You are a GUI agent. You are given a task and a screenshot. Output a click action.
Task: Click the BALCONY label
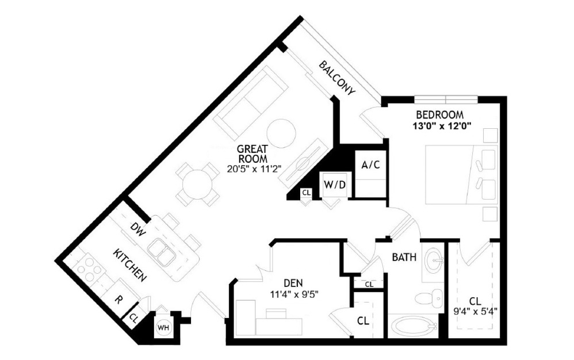[337, 78]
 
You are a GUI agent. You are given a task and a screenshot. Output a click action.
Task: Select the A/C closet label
[371, 165]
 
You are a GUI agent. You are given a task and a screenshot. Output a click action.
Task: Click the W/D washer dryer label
[335, 185]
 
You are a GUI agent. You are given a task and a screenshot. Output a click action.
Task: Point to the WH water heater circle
[163, 327]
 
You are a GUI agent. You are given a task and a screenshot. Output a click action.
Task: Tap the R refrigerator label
[118, 300]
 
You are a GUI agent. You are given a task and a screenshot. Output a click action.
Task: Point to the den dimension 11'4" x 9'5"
[293, 293]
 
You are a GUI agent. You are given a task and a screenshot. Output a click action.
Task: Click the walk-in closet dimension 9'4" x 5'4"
[475, 312]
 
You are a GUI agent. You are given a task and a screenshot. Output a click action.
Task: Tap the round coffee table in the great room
[281, 134]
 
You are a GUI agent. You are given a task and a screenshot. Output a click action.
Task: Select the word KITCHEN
[130, 265]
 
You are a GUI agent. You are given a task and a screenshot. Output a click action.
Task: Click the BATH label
[404, 257]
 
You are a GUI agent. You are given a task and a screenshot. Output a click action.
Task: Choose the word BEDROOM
[440, 115]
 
